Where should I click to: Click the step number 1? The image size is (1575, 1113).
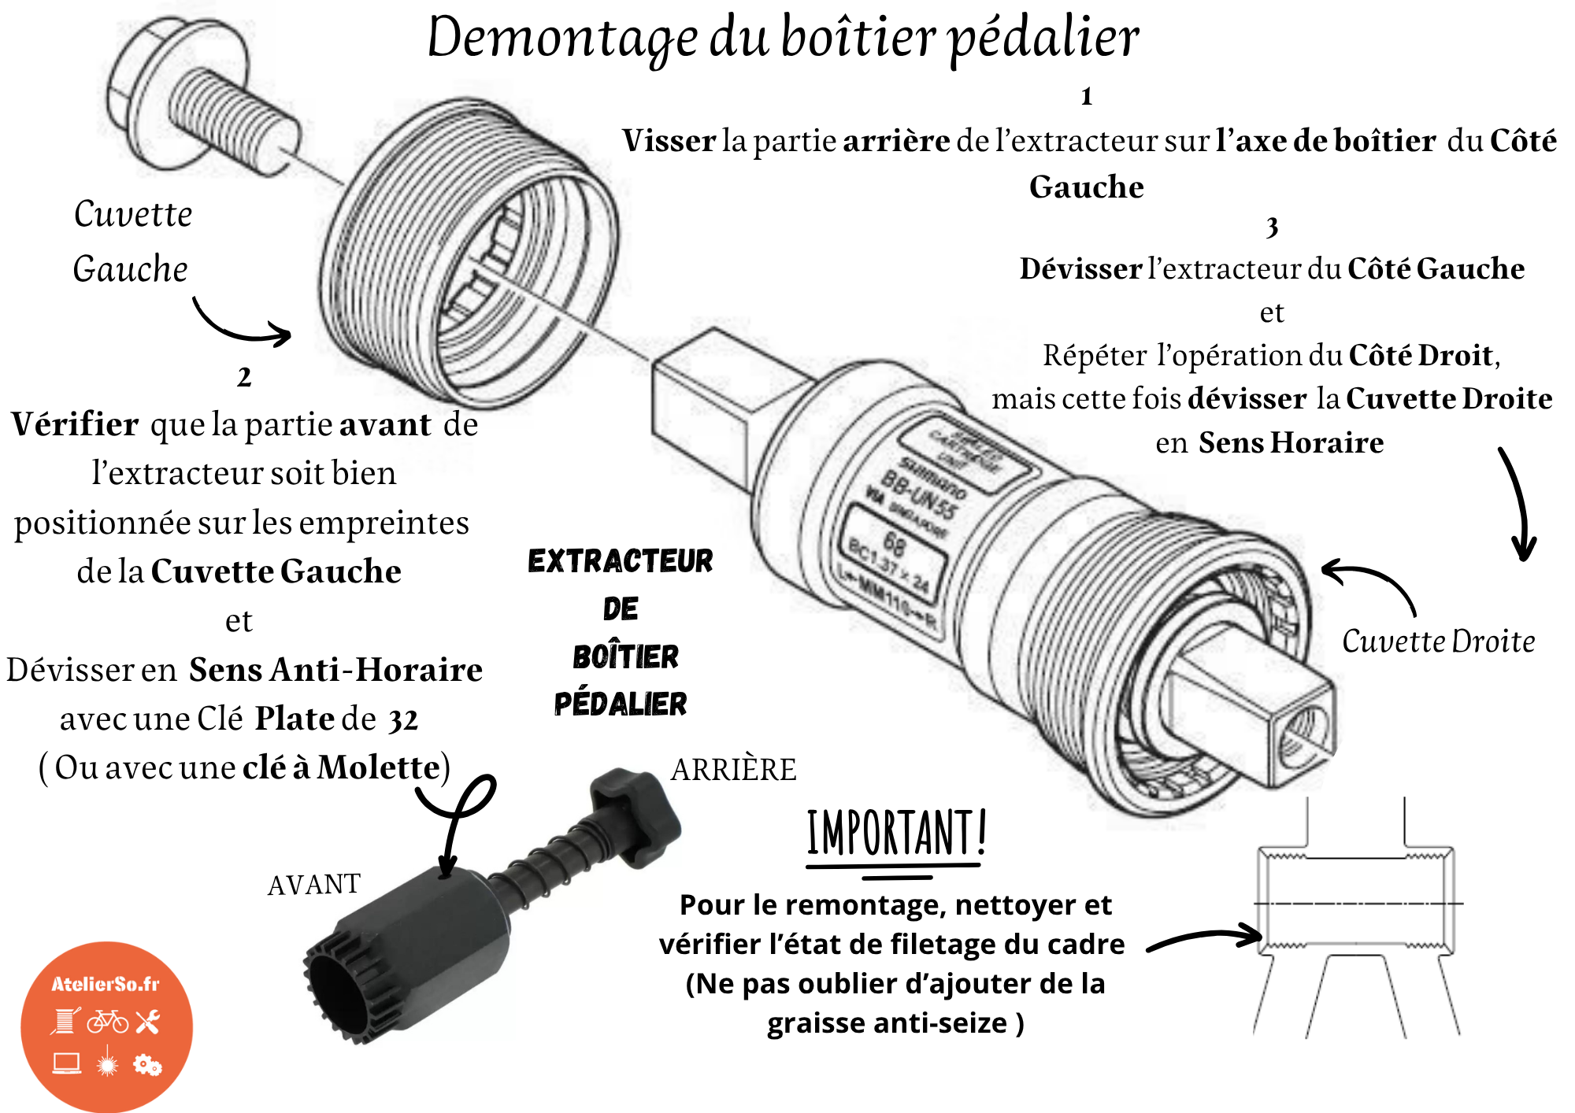(1086, 96)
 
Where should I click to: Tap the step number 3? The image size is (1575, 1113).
(1271, 227)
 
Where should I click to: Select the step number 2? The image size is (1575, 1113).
(244, 377)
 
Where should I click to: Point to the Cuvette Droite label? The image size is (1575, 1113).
(1438, 642)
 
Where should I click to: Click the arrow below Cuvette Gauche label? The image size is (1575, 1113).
(240, 324)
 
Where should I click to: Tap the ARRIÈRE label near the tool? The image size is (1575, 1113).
(733, 770)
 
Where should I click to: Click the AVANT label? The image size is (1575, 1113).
(313, 885)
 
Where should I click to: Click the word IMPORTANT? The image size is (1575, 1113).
(896, 833)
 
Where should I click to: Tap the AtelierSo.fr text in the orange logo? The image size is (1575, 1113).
(106, 984)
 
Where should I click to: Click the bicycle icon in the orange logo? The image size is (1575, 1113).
(108, 1022)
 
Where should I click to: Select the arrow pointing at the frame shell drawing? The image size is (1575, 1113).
(1205, 938)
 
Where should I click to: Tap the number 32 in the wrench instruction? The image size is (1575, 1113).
(403, 719)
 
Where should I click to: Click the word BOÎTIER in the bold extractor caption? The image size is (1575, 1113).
(625, 656)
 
